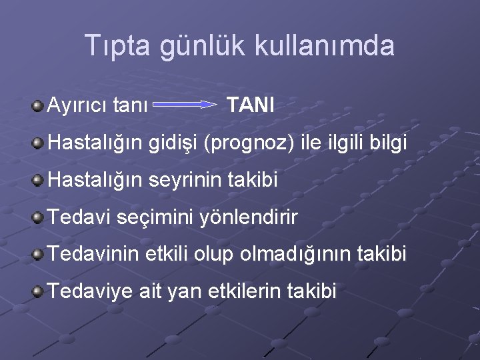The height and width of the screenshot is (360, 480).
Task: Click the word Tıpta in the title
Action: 117,46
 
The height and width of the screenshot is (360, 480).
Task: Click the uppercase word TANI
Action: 251,105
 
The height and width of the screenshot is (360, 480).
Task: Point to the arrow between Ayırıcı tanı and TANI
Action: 189,105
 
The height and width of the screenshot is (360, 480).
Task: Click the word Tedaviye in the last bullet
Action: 88,292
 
